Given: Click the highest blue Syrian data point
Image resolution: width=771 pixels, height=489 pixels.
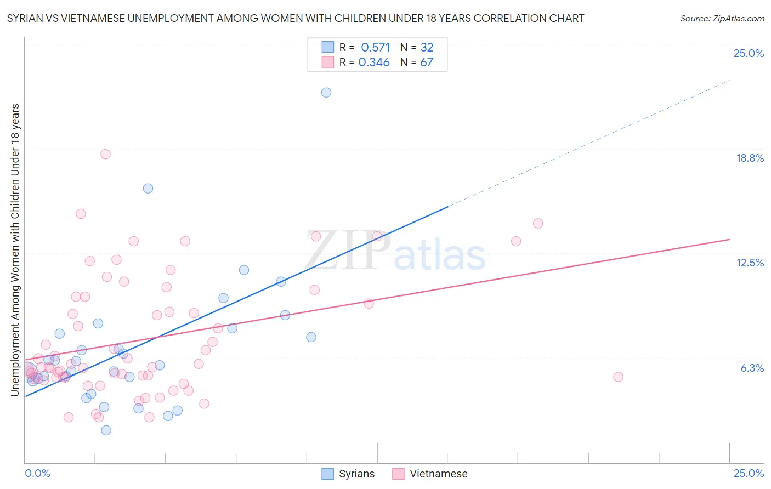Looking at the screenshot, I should (326, 93).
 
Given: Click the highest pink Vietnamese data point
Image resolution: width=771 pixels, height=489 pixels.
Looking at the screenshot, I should (105, 154).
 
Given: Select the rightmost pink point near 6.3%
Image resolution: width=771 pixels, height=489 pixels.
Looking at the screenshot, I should (618, 377).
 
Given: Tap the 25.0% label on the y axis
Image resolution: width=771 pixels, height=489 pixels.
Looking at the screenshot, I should (749, 53).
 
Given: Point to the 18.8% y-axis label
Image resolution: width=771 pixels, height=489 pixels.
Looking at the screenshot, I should (750, 158).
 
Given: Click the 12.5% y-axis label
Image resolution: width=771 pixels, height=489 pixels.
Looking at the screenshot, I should (750, 263).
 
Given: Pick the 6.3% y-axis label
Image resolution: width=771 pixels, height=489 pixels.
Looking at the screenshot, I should (752, 368).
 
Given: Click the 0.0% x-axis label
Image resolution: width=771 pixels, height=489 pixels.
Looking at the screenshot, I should (37, 473).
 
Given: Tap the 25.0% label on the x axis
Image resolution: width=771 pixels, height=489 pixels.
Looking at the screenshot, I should (749, 473).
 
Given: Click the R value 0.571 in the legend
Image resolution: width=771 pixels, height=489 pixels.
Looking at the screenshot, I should (375, 47).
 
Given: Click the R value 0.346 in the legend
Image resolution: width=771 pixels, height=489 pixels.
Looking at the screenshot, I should (374, 62).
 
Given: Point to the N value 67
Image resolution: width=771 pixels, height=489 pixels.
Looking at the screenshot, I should (427, 62).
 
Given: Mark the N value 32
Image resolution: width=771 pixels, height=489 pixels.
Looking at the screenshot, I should (427, 47).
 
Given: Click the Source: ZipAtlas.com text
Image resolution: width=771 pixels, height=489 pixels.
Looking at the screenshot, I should (722, 18).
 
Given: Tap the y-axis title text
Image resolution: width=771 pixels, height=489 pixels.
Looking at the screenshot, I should (15, 249).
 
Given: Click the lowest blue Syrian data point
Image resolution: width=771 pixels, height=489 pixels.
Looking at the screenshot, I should (106, 430).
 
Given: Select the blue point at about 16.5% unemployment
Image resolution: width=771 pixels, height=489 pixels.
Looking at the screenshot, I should (148, 189).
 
